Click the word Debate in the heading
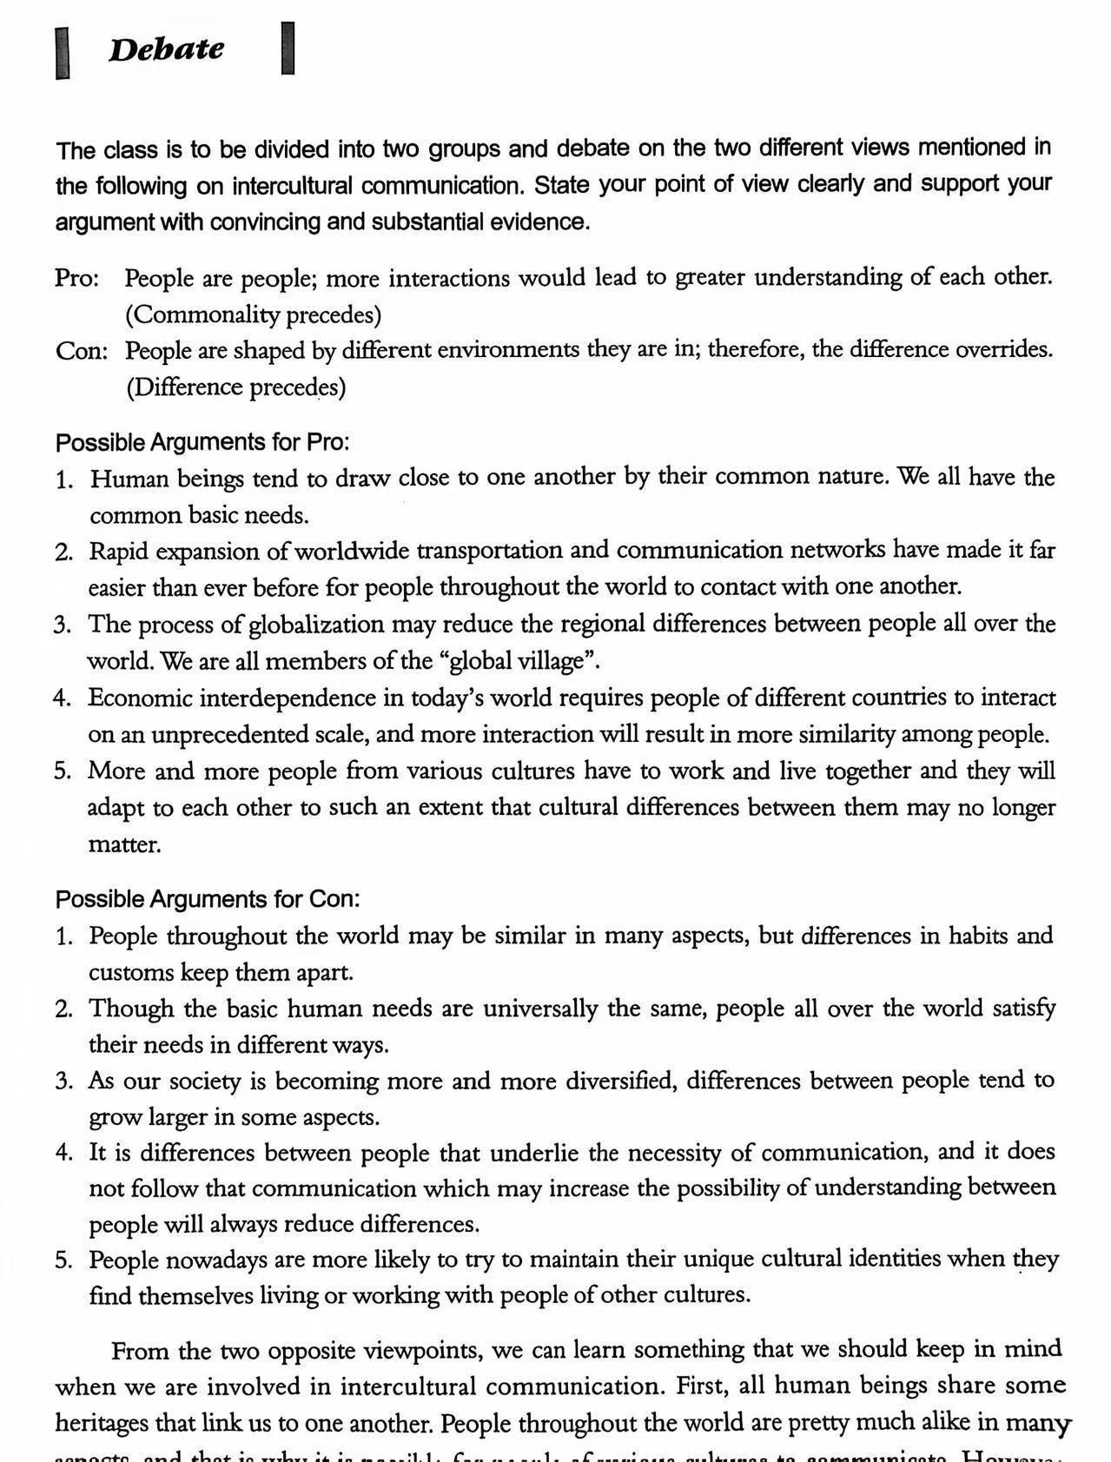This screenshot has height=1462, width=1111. click(x=166, y=50)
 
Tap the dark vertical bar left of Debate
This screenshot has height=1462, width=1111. click(x=63, y=53)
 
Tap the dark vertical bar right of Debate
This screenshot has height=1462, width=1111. click(x=288, y=49)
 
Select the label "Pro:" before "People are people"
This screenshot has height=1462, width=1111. click(x=76, y=279)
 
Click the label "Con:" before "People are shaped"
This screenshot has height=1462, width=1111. click(x=82, y=351)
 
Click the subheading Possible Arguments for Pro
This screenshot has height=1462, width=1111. click(x=202, y=442)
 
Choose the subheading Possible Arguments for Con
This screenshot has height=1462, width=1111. click(x=208, y=899)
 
